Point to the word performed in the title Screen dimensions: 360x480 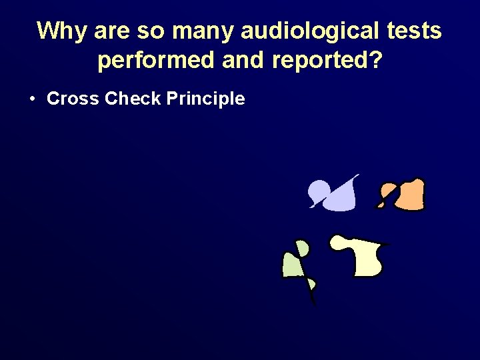point(155,61)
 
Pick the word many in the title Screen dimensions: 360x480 point(194,31)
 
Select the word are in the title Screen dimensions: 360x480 point(111,31)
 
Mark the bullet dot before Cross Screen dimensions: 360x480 point(33,99)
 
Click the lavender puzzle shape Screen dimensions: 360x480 point(339,199)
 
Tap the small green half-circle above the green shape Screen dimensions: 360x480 point(303,249)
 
